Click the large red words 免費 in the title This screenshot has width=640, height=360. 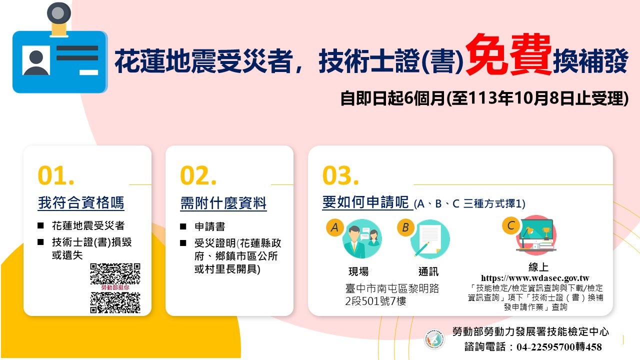tap(508, 54)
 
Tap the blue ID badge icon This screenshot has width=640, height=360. tap(60, 49)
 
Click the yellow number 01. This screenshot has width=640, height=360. tap(56, 175)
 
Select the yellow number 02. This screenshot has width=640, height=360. tap(198, 175)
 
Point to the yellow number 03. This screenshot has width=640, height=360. tap(340, 175)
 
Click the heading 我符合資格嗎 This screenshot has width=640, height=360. tap(81, 203)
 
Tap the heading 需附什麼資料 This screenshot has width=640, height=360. tap(223, 203)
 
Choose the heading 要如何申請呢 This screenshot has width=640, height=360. tap(365, 202)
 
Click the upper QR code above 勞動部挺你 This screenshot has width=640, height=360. tap(115, 274)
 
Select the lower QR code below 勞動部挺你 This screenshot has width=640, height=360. tap(115, 302)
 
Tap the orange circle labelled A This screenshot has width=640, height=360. tap(334, 227)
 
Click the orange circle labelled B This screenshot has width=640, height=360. tap(405, 227)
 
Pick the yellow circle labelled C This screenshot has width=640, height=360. tap(511, 225)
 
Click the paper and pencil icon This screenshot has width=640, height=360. tap(430, 239)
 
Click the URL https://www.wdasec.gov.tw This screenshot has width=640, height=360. tap(535, 278)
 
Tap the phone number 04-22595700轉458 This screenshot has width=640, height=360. tap(559, 347)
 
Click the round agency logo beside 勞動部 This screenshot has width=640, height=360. tap(434, 339)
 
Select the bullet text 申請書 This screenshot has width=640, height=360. tap(210, 226)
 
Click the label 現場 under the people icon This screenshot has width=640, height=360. tap(358, 271)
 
